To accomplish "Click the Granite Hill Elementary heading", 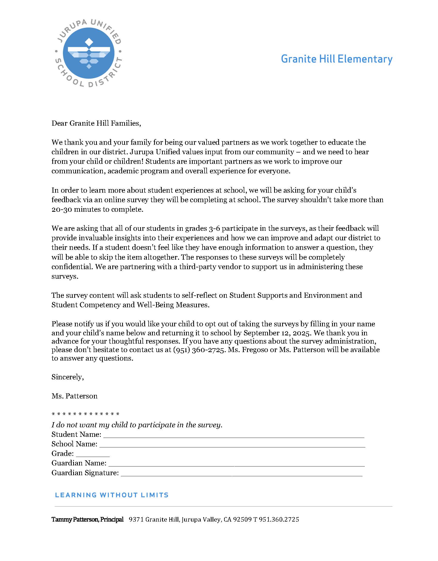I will point(336,59).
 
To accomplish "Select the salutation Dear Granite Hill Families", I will point(96,123).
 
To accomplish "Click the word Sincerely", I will point(68,377).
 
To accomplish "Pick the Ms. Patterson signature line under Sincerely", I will point(74,396).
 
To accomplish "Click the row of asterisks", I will point(86,414).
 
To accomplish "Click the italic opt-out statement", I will point(137,425).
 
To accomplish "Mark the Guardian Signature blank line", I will point(241,475).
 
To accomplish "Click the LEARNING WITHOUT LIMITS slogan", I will point(112,495).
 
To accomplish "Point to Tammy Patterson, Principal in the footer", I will point(87,520).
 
